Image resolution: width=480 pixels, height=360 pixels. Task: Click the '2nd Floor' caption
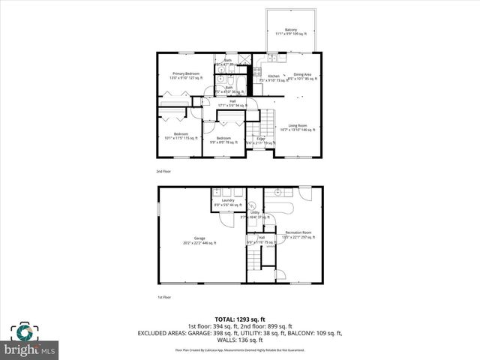pyautogui.click(x=163, y=172)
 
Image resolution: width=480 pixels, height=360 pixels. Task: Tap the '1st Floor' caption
pyautogui.click(x=163, y=298)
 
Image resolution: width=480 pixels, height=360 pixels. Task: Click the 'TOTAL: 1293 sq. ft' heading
pyautogui.click(x=239, y=319)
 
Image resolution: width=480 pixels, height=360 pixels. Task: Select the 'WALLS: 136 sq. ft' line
pyautogui.click(x=239, y=340)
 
